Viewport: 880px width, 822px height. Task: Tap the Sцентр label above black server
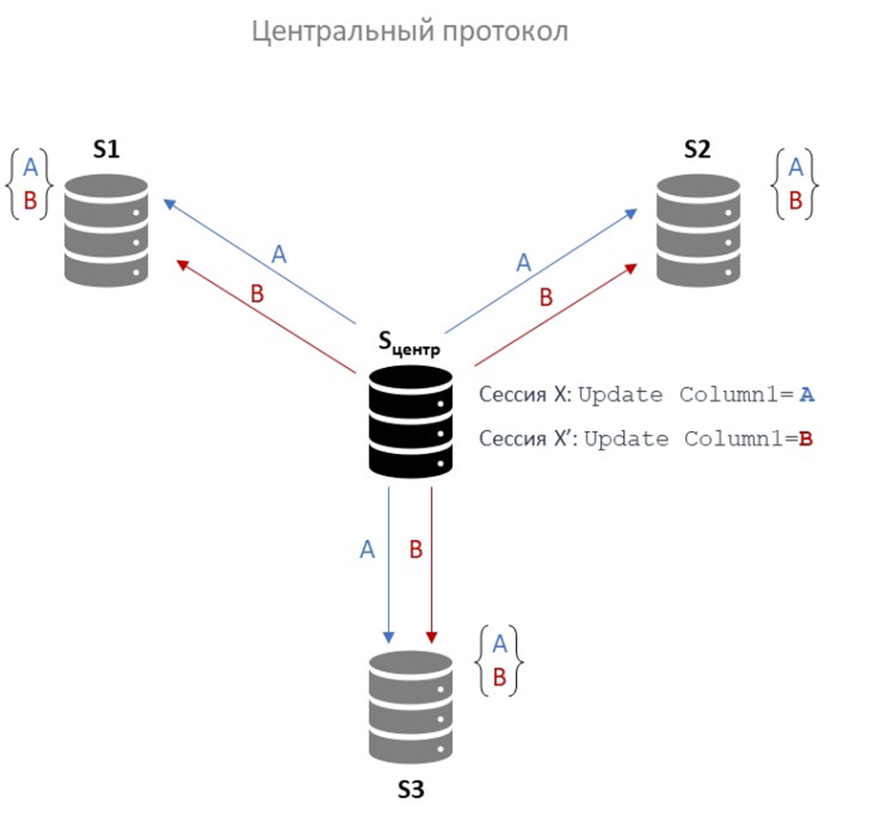(x=410, y=343)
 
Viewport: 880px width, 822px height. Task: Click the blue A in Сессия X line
(x=807, y=395)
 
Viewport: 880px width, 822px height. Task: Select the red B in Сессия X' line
(x=805, y=440)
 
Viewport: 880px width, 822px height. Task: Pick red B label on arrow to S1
(x=256, y=294)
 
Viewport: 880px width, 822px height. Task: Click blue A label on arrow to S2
(x=523, y=262)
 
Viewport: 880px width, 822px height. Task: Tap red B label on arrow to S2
(x=546, y=297)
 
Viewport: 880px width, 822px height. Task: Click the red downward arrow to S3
(x=433, y=564)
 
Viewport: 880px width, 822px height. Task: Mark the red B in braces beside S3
(x=498, y=678)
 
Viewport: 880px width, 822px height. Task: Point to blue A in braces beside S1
(x=30, y=167)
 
